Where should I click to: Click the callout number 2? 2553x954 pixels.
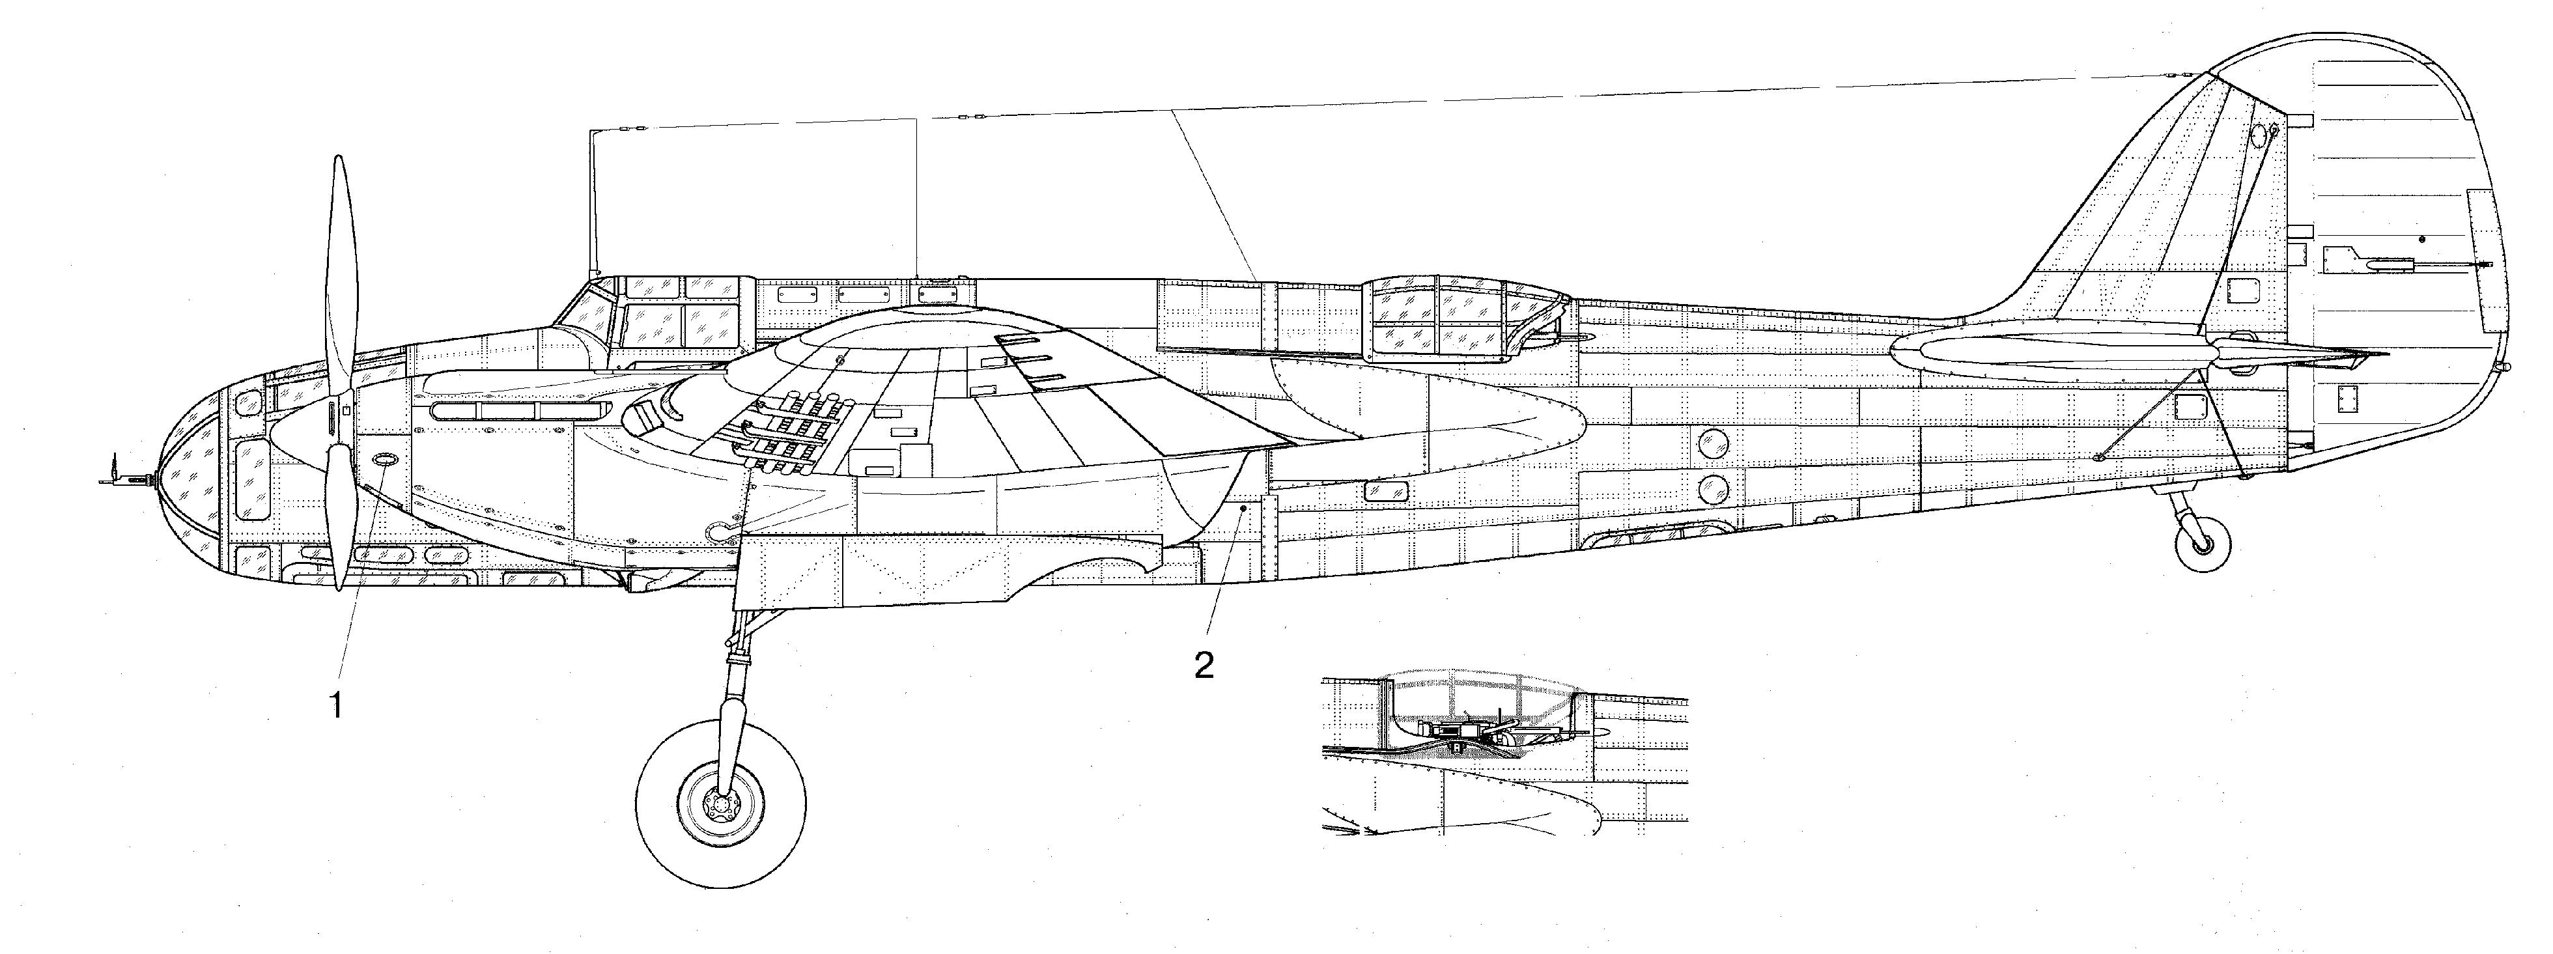[1204, 665]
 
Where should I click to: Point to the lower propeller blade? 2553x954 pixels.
[339, 515]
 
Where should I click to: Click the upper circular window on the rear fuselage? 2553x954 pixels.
[1712, 442]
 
